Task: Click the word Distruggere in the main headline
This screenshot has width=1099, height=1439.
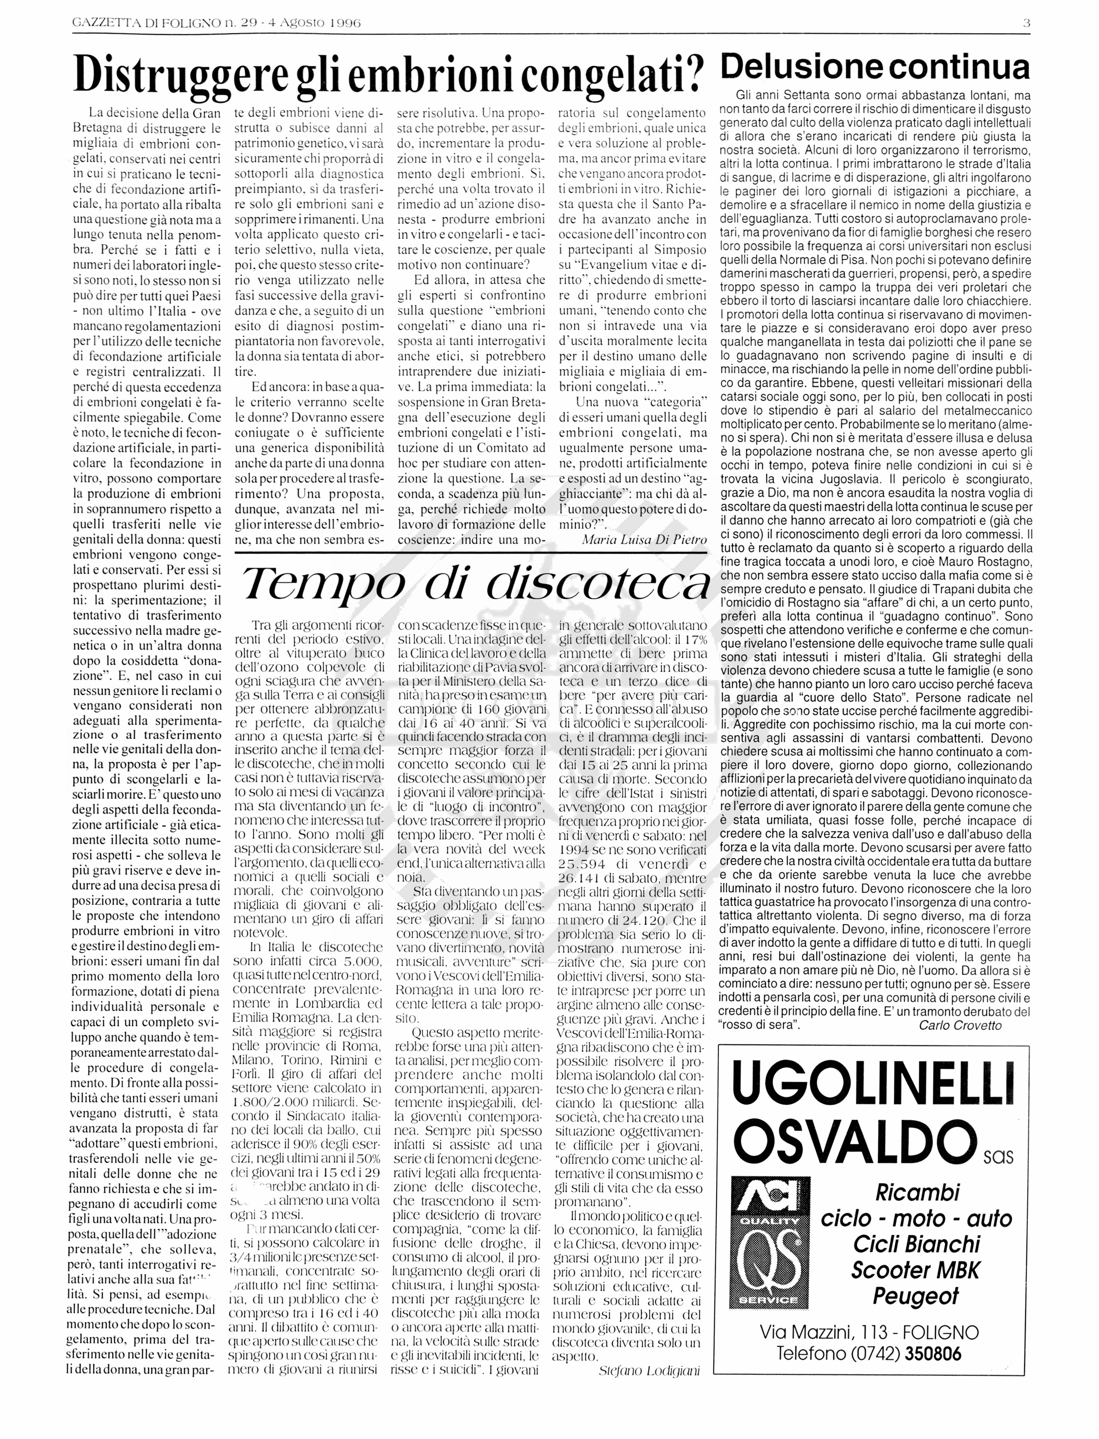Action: click(x=179, y=77)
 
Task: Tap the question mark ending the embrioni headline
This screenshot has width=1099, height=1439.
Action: click(x=698, y=77)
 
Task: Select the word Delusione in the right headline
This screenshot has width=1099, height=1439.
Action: click(x=803, y=68)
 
